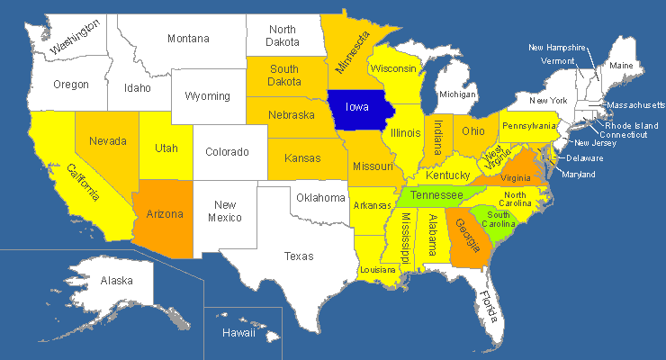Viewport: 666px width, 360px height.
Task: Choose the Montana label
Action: pos(188,39)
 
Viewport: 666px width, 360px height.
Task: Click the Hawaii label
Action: pos(238,334)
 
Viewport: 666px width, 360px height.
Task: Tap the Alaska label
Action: pos(117,281)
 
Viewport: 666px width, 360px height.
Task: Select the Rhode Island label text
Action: pos(632,125)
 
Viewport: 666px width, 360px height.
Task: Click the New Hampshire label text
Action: pos(557,48)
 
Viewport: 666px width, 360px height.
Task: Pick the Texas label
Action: pos(299,256)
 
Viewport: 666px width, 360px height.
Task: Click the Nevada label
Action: pos(108,141)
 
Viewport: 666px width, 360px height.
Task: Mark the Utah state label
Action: pos(166,148)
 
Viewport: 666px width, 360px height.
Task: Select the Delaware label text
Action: pos(584,158)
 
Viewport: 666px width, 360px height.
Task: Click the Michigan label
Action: pos(457,94)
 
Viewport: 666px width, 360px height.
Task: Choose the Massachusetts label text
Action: pos(635,105)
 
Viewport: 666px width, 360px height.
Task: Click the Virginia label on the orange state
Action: pos(514,178)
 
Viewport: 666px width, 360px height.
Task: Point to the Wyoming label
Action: pos(208,96)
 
